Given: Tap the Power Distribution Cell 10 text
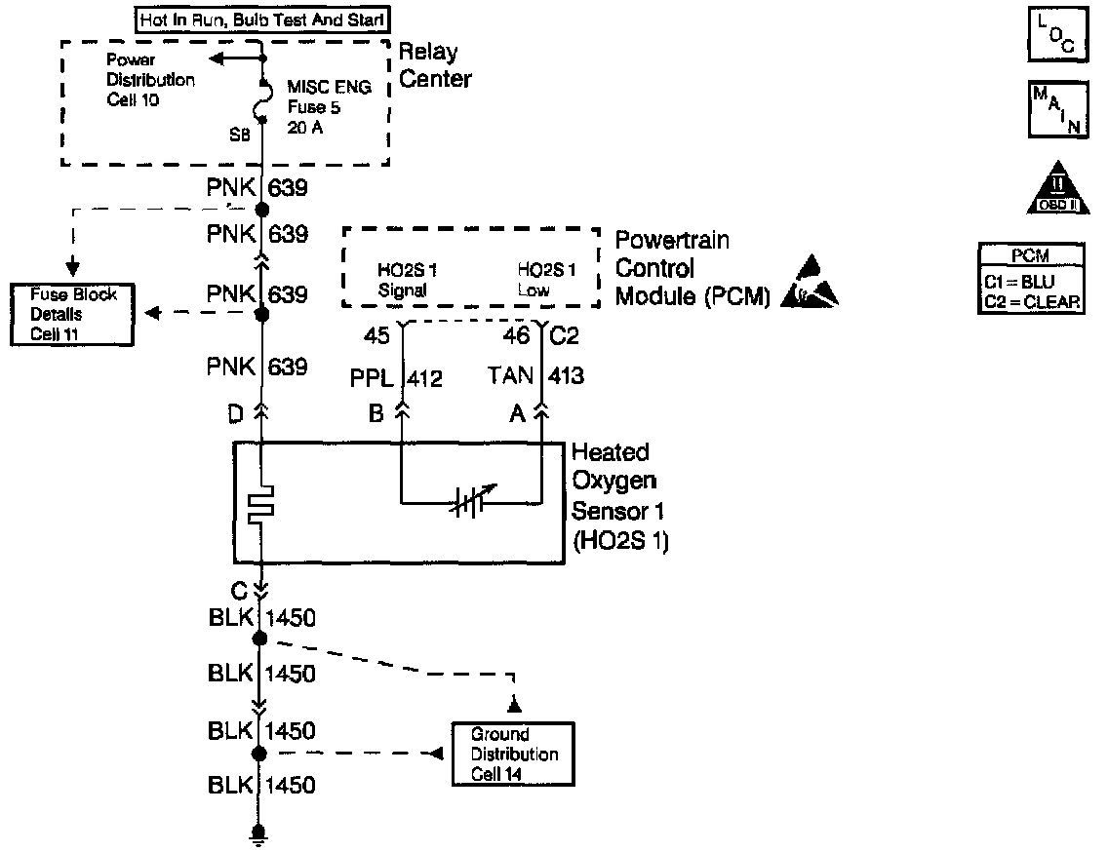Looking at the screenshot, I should [x=150, y=80].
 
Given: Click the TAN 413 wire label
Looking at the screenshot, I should [x=537, y=376].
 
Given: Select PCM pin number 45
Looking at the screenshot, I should [x=377, y=336].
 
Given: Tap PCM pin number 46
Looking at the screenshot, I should [x=518, y=336].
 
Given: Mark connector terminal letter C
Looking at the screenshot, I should [x=239, y=589].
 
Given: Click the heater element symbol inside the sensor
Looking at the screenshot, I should [x=261, y=504].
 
